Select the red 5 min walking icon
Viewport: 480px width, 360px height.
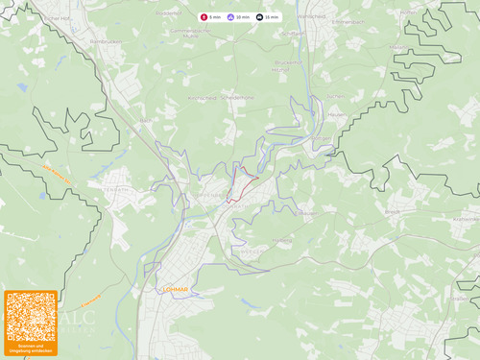204,17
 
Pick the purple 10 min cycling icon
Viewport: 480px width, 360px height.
230,17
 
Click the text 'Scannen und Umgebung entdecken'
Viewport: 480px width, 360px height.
31,348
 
